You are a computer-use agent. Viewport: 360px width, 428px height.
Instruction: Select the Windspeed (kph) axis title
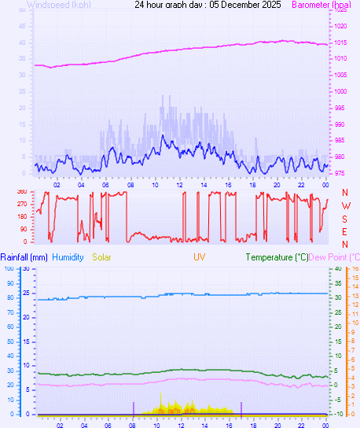coord(59,5)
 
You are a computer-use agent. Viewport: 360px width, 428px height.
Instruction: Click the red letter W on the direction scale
coord(345,205)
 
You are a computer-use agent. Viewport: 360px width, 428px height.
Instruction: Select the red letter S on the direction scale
coord(345,219)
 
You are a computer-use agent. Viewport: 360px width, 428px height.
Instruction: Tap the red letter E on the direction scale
coord(345,232)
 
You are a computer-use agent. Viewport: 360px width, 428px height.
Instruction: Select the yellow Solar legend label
coord(102,257)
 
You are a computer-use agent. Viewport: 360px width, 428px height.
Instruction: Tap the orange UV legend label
coord(200,257)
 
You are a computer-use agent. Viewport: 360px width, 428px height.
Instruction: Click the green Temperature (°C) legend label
coord(277,257)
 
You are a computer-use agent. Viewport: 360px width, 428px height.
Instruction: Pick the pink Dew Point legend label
coord(334,257)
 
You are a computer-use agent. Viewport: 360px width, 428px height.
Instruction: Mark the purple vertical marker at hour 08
coord(133,408)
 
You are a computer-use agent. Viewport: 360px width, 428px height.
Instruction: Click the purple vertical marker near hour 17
coord(241,408)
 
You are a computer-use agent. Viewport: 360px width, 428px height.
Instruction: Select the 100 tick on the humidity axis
coord(8,268)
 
